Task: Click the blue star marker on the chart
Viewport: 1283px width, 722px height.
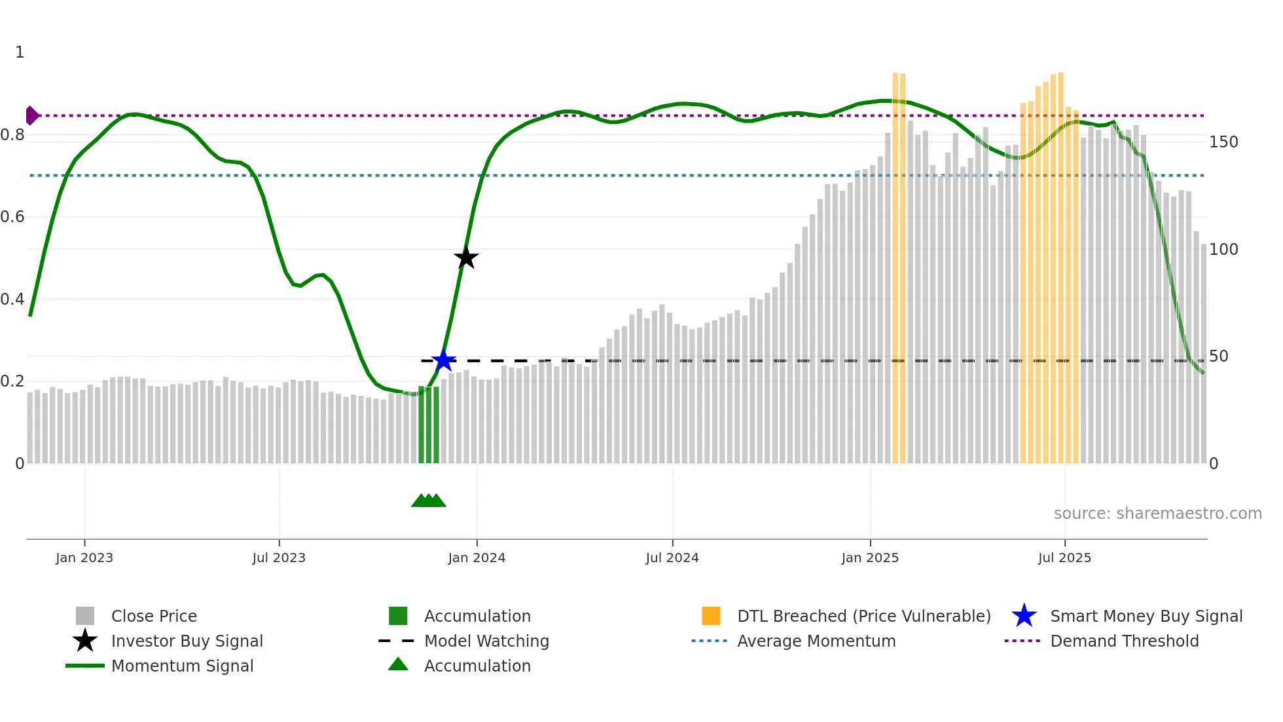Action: click(x=444, y=360)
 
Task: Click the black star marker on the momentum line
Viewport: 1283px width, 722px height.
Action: click(x=466, y=258)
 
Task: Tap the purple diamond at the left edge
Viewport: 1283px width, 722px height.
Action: click(x=31, y=115)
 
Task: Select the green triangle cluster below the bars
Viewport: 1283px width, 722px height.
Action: click(x=429, y=501)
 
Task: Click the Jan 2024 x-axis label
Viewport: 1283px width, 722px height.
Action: click(x=477, y=558)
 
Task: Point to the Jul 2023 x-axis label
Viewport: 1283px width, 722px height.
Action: click(x=279, y=558)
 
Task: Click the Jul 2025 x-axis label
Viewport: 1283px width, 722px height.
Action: click(x=1064, y=558)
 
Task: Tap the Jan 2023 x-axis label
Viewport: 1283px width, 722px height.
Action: click(x=84, y=558)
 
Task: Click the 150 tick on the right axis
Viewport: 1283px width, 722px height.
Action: click(x=1223, y=142)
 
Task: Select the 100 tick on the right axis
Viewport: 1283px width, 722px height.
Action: click(x=1223, y=250)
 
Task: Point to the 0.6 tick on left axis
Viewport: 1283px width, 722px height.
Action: click(x=13, y=217)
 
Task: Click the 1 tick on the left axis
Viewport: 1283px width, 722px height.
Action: click(x=20, y=52)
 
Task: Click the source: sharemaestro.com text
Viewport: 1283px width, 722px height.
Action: click(x=1157, y=514)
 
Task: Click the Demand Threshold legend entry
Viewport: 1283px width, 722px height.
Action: click(x=1124, y=641)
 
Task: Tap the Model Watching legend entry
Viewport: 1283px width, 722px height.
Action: click(x=486, y=641)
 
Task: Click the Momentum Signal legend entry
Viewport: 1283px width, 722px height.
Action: click(x=182, y=666)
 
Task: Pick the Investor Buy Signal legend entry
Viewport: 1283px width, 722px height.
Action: click(x=187, y=641)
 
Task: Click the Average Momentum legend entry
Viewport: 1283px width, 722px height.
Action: click(x=816, y=641)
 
